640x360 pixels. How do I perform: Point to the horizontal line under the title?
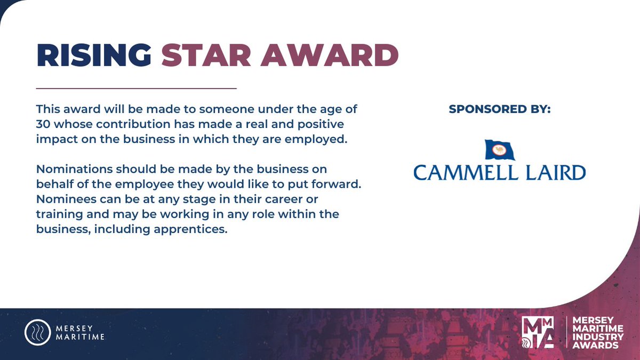click(x=136, y=88)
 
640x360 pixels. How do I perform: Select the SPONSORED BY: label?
click(x=500, y=109)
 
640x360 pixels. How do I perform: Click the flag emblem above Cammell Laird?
click(x=500, y=150)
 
